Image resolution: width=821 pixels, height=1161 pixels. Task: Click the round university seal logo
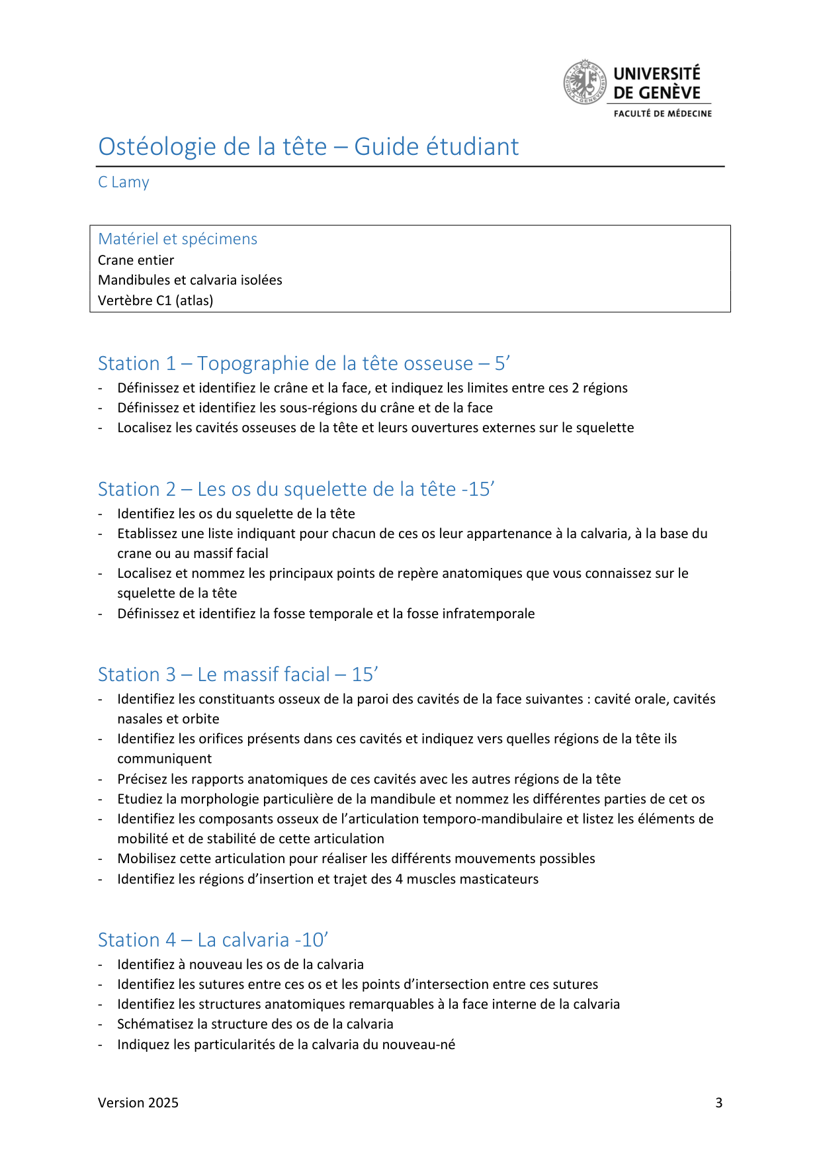coord(584,83)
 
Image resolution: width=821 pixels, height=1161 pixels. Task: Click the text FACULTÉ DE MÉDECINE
coord(662,114)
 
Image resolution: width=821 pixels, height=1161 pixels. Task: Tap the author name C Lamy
coord(124,182)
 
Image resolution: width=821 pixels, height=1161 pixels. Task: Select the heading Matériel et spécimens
coord(177,239)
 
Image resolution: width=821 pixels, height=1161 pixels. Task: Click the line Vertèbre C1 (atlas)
coord(155,301)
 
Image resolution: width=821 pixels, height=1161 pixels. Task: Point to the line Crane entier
coord(136,260)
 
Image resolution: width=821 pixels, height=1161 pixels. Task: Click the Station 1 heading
coord(303,363)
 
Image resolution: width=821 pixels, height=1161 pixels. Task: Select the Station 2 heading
coord(296,489)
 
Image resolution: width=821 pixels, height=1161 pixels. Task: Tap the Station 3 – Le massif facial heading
coord(238,674)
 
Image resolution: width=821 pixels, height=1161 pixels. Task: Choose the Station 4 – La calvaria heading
coord(212,940)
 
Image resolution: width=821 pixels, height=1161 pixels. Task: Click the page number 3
coord(718,1103)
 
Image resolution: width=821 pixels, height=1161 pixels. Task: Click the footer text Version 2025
coord(138,1103)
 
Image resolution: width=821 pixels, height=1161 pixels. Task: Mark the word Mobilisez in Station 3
coord(146,859)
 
